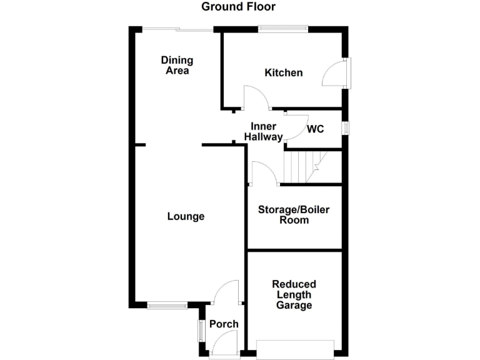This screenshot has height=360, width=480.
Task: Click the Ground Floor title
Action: [238, 7]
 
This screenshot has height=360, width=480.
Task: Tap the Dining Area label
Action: [177, 65]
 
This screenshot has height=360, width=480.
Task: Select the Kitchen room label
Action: [283, 73]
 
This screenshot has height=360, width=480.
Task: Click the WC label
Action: [315, 129]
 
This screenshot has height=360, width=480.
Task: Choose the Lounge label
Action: [186, 216]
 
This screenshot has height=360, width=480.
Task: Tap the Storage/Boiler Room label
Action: [294, 214]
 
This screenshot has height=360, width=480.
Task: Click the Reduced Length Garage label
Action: [294, 294]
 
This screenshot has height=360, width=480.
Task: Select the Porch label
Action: [223, 324]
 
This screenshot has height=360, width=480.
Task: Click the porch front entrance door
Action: [224, 344]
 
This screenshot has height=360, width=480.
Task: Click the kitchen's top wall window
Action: [283, 27]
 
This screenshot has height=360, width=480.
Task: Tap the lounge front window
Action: [167, 305]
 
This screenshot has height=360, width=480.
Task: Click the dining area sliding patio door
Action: [177, 28]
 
